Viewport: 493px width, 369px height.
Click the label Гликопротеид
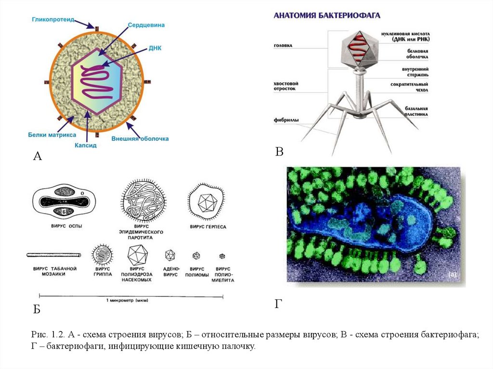(x=53, y=20)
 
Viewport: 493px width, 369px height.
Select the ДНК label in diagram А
(x=155, y=50)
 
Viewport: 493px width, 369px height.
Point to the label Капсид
(x=86, y=144)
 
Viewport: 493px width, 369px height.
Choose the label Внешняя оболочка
(x=140, y=139)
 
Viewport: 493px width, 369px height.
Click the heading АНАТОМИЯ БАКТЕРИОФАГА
(x=327, y=15)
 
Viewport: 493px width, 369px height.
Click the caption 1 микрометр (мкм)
(x=127, y=300)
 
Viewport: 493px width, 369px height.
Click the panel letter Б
(x=37, y=309)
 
